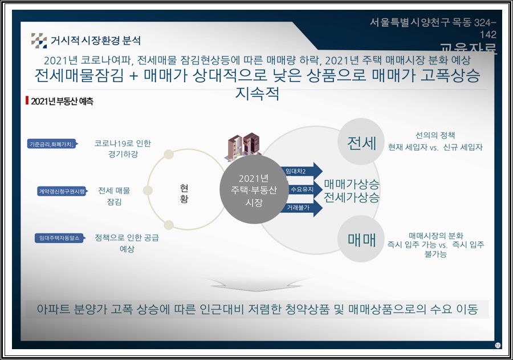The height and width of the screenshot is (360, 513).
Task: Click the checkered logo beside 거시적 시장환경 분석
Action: point(39,41)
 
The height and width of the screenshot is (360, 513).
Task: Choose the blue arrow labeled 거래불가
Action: point(300,208)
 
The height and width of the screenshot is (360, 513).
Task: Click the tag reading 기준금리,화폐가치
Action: point(59,144)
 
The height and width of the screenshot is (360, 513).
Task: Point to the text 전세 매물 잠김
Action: point(114,196)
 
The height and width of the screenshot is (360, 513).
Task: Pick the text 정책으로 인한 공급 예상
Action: point(127,243)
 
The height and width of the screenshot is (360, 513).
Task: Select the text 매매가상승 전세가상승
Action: point(352,191)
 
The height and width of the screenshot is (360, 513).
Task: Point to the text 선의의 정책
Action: point(435,136)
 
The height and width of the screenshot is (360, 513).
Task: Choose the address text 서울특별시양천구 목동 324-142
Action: point(433,28)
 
